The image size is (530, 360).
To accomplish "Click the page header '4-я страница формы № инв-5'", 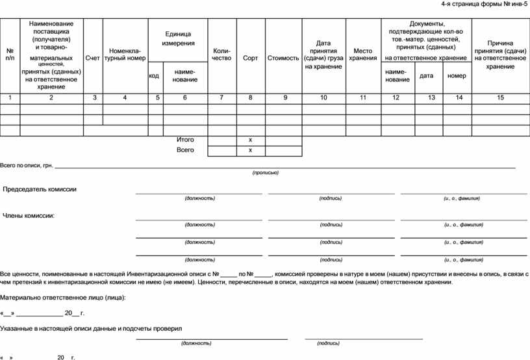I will pyautogui.click(x=484, y=5).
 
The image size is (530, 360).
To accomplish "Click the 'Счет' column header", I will pyautogui.click(x=92, y=58).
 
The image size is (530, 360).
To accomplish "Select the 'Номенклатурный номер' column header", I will pyautogui.click(x=127, y=54).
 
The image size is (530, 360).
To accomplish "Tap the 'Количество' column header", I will pyautogui.click(x=221, y=54).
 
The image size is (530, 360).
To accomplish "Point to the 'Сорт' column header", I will pyautogui.click(x=250, y=58).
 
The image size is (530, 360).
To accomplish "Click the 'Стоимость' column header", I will pyautogui.click(x=283, y=58).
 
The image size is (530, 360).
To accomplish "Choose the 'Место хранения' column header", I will pyautogui.click(x=362, y=54).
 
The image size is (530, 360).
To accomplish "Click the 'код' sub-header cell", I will pyautogui.click(x=155, y=75).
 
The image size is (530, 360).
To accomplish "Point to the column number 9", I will pyautogui.click(x=284, y=97).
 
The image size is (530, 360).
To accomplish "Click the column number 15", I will pyautogui.click(x=499, y=97).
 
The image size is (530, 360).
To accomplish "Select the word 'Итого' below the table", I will pyautogui.click(x=185, y=140).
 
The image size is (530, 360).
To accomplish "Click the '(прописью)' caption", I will pyautogui.click(x=265, y=173).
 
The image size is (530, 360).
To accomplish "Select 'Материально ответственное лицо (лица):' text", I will pyautogui.click(x=63, y=298).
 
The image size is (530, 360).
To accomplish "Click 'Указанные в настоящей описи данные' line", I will pyautogui.click(x=91, y=329).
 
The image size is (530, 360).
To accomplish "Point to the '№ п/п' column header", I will pyautogui.click(x=10, y=54).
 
